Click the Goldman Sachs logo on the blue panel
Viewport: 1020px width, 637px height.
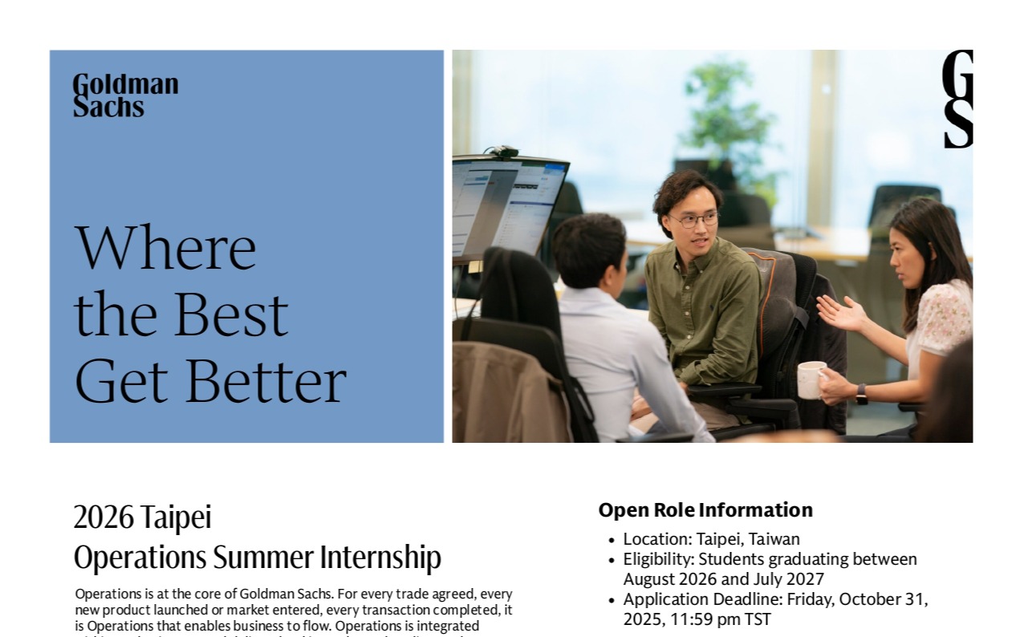pos(125,95)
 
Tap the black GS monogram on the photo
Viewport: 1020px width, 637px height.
pos(957,99)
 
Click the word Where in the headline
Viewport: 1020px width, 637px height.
pos(165,248)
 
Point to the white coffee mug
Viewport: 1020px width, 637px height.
pos(810,379)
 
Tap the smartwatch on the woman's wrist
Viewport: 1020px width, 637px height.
pos(861,393)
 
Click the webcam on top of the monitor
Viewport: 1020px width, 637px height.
pos(503,152)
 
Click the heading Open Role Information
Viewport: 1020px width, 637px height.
pos(705,510)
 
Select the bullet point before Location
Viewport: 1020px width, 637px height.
pos(612,540)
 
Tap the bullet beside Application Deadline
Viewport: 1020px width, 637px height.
pos(612,600)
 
